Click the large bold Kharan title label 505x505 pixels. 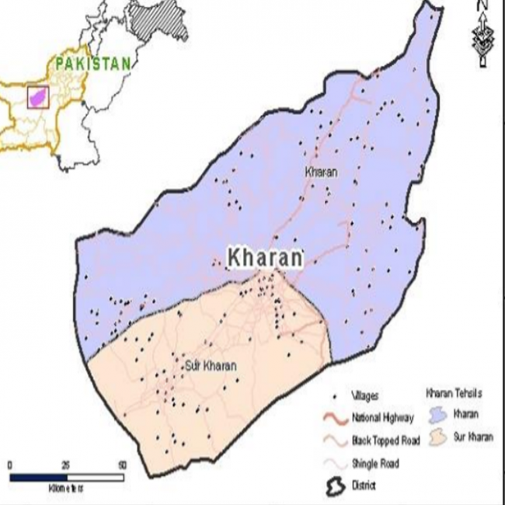(x=263, y=259)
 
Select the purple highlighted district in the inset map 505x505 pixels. (x=38, y=96)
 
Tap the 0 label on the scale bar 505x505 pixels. (x=9, y=465)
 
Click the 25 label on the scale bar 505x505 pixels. (x=66, y=465)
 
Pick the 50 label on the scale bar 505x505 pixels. (x=122, y=465)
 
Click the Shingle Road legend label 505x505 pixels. (x=375, y=464)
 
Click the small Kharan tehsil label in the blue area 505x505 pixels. (x=321, y=172)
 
